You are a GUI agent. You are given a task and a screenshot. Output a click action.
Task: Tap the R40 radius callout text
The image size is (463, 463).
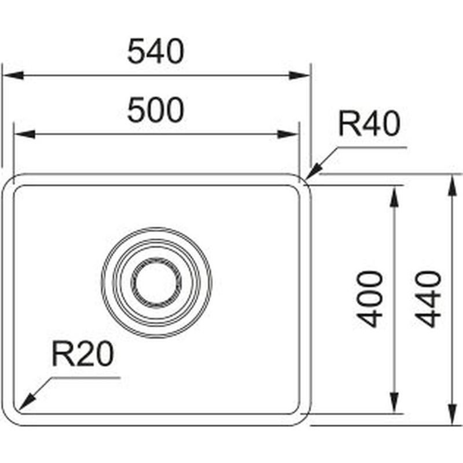click(369, 124)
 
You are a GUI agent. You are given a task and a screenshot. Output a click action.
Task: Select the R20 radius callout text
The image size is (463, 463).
click(82, 354)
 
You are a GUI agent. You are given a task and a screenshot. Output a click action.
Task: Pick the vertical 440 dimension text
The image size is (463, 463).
click(428, 299)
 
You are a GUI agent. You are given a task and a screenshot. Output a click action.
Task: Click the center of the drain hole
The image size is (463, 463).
click(156, 282)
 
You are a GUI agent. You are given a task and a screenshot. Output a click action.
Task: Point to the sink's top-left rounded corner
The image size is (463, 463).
click(8, 180)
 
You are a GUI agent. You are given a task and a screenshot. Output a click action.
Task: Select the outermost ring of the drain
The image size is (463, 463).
click(156, 229)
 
